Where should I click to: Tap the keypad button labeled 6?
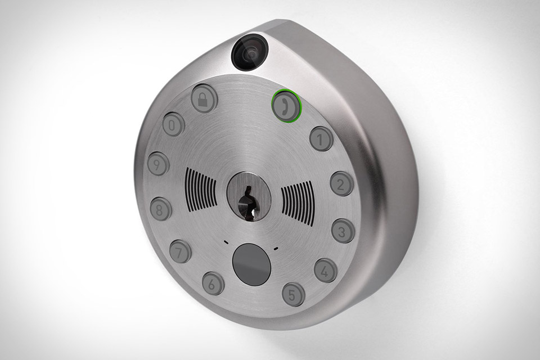[213, 282]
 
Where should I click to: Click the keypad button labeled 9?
[159, 163]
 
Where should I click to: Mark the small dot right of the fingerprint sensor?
[276, 249]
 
